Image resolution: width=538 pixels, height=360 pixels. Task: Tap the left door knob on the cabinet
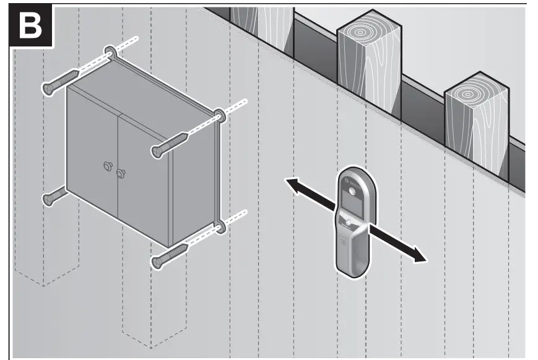point(105,165)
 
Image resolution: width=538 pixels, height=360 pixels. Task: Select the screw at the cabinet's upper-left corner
point(59,82)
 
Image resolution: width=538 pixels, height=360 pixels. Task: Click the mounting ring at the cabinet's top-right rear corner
point(219,115)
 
